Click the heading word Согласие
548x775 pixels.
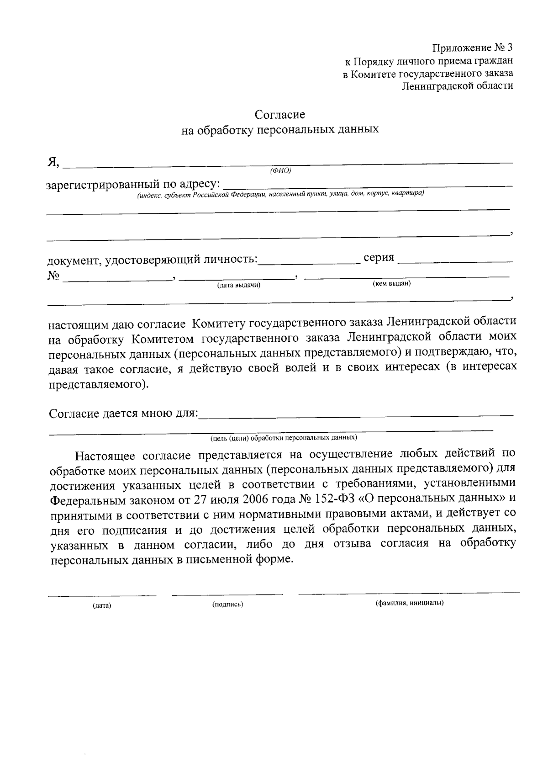[x=279, y=114]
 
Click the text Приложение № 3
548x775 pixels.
[x=473, y=48]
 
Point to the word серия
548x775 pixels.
[x=379, y=258]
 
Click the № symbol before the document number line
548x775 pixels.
[x=54, y=276]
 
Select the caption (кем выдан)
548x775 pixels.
[x=392, y=284]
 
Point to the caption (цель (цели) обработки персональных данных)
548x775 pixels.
[x=284, y=438]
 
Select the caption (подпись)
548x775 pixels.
[x=227, y=605]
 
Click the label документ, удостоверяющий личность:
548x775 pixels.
[x=153, y=260]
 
